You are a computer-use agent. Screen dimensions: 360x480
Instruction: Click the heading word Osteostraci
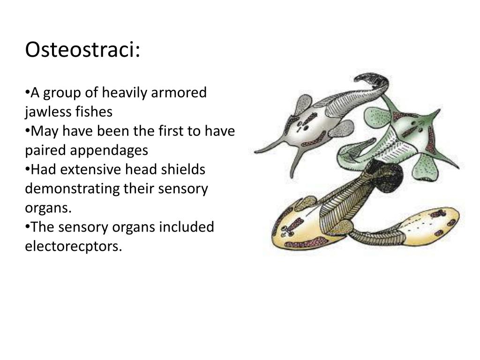82,50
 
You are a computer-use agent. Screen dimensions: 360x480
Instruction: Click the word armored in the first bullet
178,93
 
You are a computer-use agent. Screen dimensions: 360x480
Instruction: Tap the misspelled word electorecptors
73,246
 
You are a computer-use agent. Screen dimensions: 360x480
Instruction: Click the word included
187,227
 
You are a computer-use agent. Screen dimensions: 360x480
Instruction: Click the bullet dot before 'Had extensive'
27,169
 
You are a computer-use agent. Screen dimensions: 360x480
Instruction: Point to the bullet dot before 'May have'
27,130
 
